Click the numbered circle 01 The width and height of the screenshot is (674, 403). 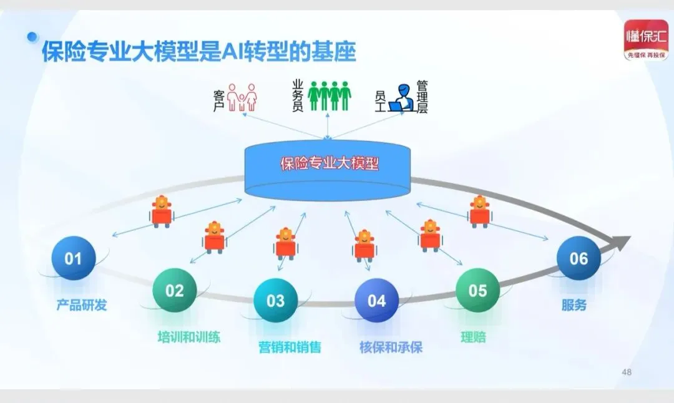74,258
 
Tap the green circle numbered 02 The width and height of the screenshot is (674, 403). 175,290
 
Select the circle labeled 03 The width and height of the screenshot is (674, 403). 276,301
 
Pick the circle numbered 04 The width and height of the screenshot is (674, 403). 376,301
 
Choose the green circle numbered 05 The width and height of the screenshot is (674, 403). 477,290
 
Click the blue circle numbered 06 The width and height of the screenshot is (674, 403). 579,258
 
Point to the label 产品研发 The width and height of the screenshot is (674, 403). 82,305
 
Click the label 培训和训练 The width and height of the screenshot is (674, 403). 188,337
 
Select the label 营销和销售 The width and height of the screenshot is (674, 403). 290,347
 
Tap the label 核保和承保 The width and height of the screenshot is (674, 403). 391,347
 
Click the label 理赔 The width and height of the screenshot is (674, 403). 473,337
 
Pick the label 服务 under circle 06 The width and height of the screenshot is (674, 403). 574,305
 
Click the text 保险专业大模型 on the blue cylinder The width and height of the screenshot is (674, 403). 330,164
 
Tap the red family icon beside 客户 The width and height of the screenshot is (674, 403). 242,97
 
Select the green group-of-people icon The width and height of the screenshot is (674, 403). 330,95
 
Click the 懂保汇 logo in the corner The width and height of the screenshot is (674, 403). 647,40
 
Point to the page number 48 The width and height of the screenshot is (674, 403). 627,372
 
